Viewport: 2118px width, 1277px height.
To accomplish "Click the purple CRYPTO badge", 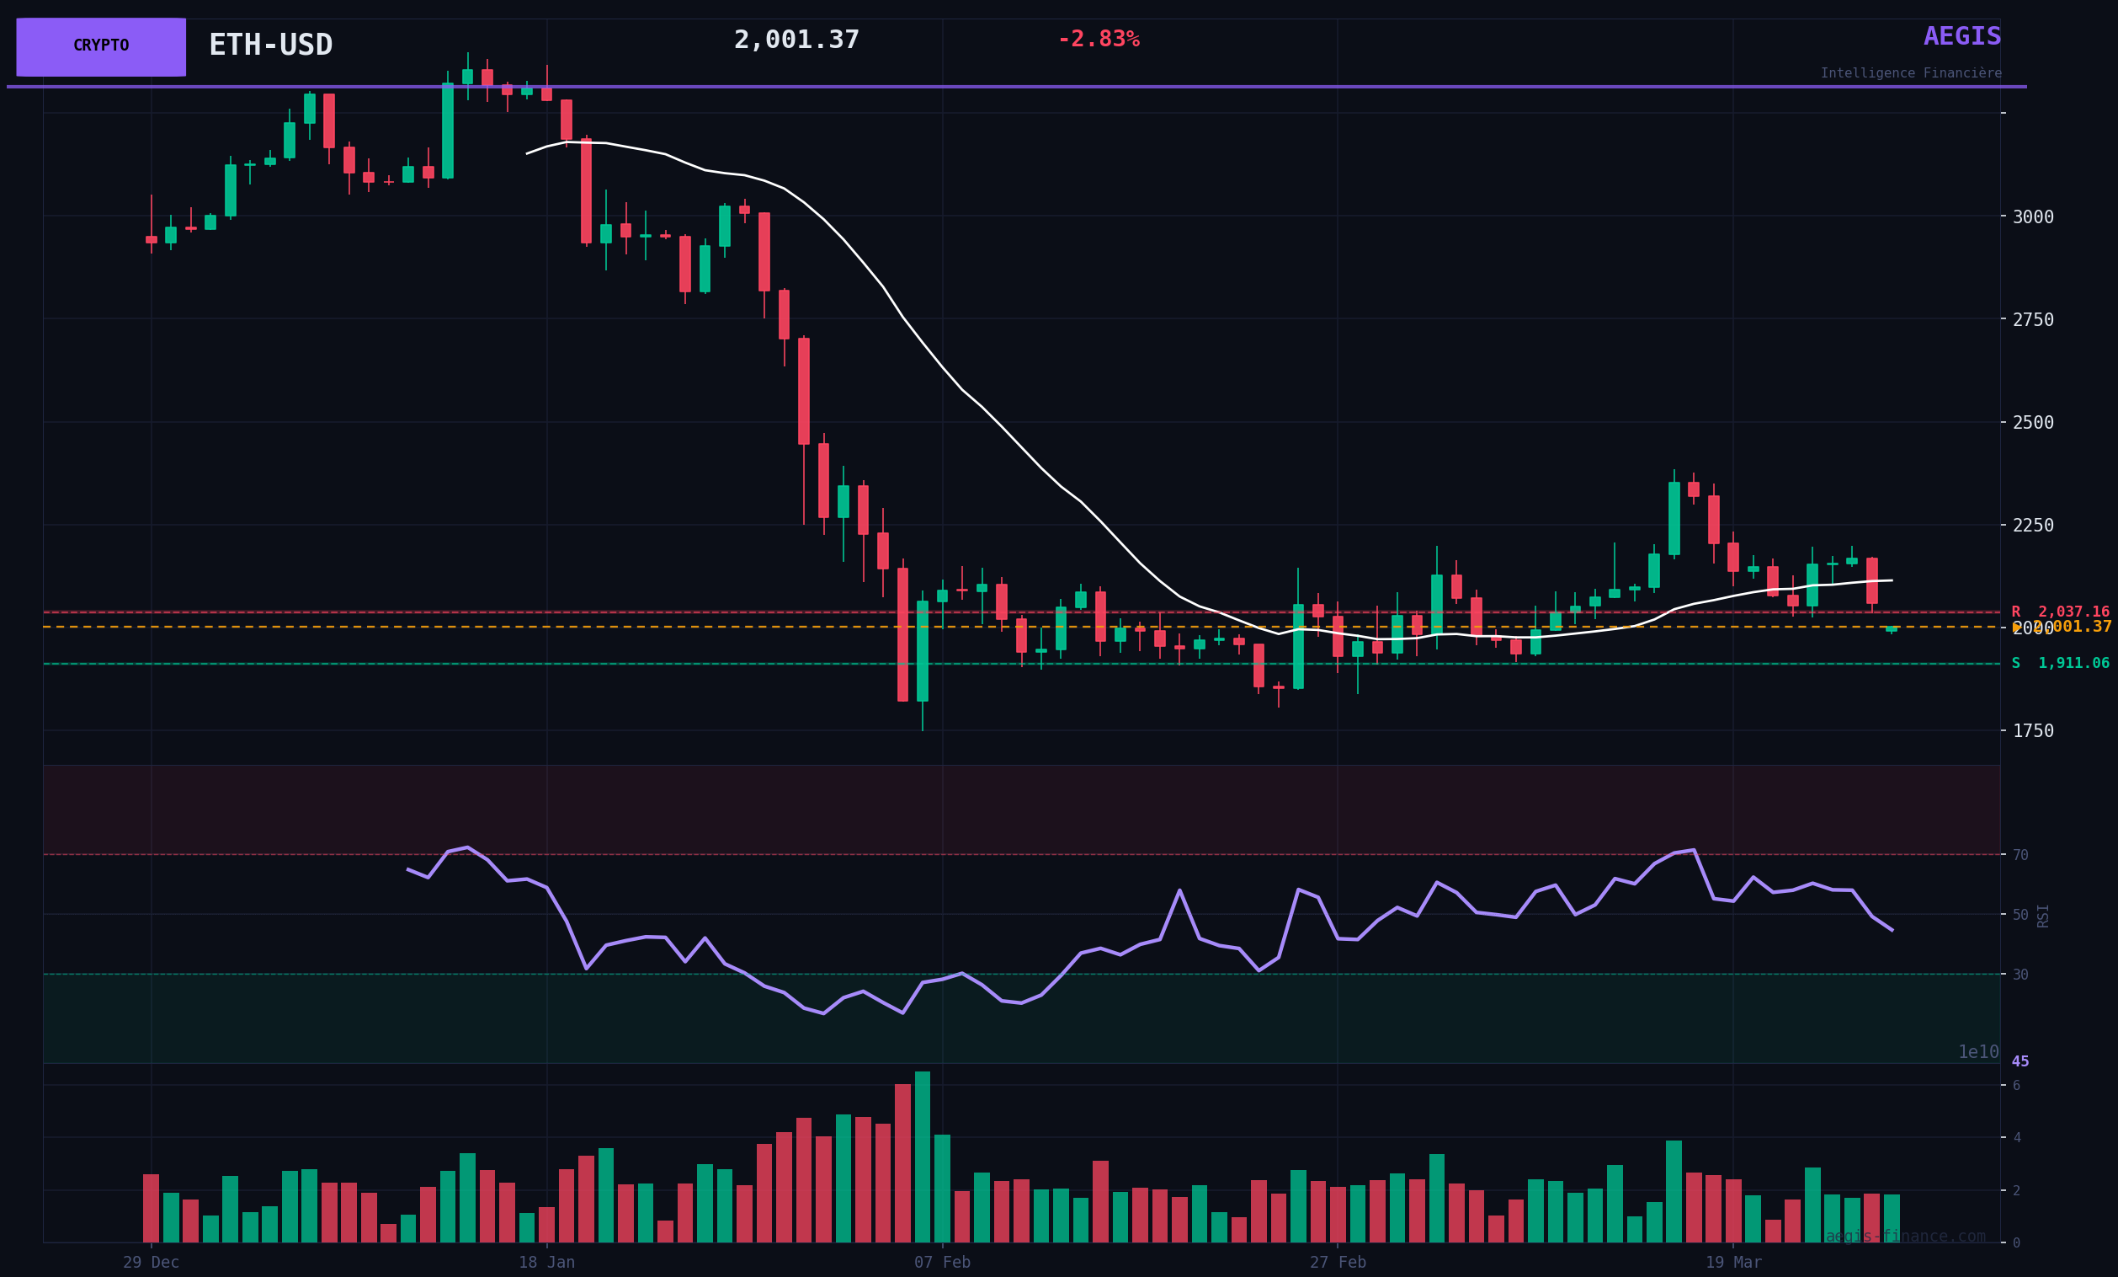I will pos(100,46).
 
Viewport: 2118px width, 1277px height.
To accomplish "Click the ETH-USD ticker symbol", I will pos(270,45).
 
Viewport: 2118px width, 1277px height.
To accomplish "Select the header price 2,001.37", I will pos(796,40).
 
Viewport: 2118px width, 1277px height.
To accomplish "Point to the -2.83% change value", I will pos(1098,40).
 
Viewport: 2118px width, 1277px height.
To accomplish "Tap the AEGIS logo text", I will pos(1961,37).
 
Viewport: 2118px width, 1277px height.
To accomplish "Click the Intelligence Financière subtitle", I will pos(1910,74).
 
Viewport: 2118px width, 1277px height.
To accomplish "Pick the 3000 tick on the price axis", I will pos(2032,216).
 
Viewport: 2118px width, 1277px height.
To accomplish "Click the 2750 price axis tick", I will pos(2032,320).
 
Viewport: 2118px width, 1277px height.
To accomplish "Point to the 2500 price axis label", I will pos(2032,422).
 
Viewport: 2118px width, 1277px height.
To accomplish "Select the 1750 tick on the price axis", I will pos(2032,731).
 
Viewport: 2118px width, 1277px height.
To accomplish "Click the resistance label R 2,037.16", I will pos(2060,612).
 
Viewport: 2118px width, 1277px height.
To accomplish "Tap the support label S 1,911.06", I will pos(2060,664).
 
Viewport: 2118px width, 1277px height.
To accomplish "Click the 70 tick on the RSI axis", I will pos(2020,855).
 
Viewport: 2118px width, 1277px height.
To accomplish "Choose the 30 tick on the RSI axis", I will pos(2020,975).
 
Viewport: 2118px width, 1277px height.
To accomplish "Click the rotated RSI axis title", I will pos(2042,916).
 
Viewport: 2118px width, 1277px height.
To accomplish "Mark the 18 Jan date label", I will pos(546,1263).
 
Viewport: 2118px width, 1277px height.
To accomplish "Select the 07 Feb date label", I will pos(942,1263).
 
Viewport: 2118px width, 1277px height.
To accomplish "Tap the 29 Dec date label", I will pos(152,1263).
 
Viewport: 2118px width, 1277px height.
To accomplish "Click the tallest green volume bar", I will pos(923,1157).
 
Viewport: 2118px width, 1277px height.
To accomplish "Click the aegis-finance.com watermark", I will pos(1906,1237).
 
